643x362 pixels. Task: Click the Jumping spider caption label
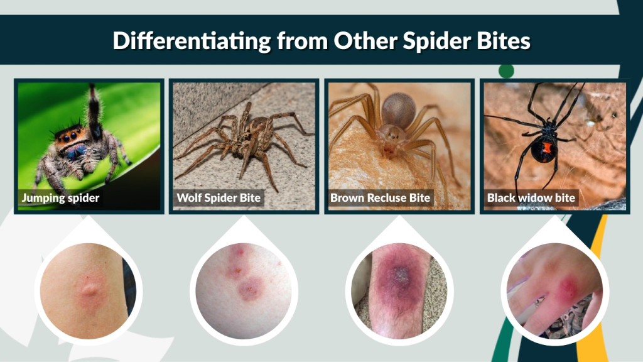(60, 198)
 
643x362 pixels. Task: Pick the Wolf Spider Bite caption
(218, 198)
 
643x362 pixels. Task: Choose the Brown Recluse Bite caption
(380, 198)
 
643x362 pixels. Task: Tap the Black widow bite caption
(531, 198)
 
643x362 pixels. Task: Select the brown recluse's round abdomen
(398, 110)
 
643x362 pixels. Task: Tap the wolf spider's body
(251, 138)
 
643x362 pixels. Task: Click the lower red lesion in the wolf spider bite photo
(250, 288)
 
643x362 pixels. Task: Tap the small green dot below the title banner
(506, 71)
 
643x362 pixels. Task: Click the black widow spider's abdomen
(544, 148)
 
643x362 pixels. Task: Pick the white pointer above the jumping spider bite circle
(88, 228)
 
